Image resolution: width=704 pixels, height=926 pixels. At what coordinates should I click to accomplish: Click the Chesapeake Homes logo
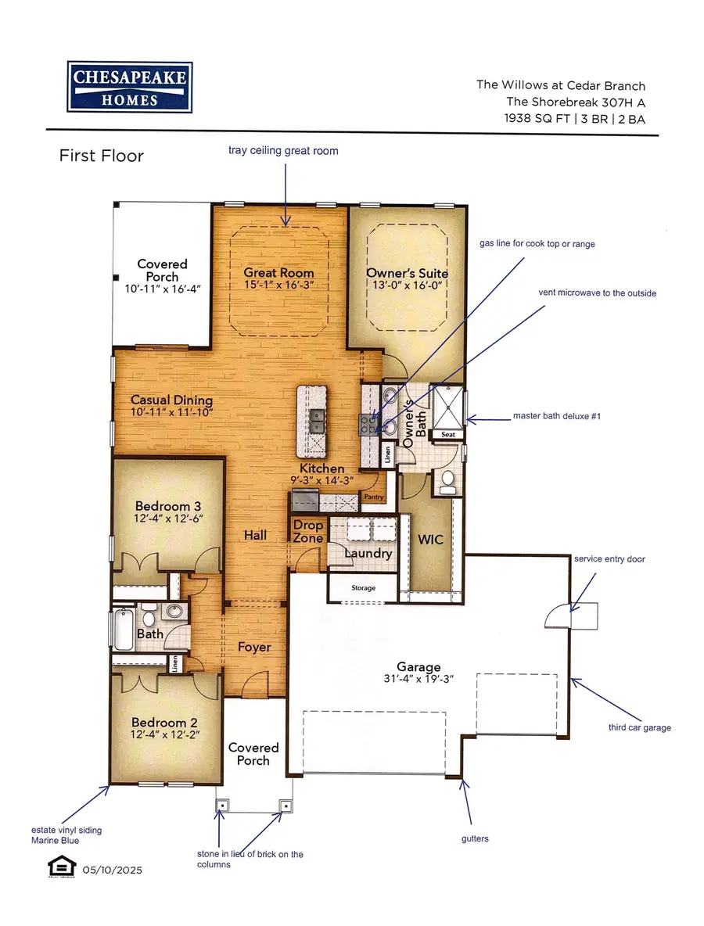pos(130,87)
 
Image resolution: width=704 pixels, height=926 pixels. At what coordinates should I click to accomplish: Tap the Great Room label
pos(278,273)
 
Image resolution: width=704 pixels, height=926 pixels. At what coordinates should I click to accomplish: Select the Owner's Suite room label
pos(407,273)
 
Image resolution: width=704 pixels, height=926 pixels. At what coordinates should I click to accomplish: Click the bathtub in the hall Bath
pos(124,630)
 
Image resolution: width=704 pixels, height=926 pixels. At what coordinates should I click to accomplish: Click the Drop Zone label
pos(308,532)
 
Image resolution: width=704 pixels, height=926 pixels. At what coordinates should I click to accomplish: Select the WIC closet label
pos(430,539)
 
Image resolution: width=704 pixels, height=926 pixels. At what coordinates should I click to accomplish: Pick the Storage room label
pos(363,587)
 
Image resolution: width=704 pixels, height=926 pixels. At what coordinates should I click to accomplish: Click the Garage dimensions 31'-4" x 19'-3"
pos(418,679)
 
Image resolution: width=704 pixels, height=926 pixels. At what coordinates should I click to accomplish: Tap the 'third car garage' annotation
pos(640,727)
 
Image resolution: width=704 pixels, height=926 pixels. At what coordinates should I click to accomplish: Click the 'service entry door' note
pos(609,558)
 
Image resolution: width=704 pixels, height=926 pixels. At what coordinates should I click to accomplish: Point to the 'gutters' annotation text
pos(475,838)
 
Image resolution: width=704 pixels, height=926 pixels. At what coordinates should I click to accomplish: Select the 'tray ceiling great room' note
pos(283,151)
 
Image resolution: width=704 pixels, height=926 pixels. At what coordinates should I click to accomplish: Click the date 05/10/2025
pos(112,870)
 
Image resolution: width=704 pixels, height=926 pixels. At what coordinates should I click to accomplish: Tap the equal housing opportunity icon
pos(62,867)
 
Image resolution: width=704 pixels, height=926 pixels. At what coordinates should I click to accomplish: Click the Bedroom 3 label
pos(167,506)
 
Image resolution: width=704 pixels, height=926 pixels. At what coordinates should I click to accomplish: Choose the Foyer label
pos(254,648)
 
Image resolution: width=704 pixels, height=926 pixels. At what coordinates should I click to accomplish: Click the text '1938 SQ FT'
pos(537,118)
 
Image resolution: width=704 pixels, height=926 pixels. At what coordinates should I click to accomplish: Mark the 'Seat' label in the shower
pos(448,435)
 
